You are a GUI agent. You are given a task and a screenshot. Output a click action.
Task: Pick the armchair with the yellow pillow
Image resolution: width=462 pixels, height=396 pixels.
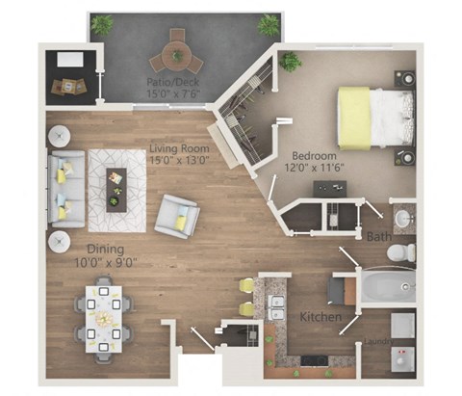[178, 216]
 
